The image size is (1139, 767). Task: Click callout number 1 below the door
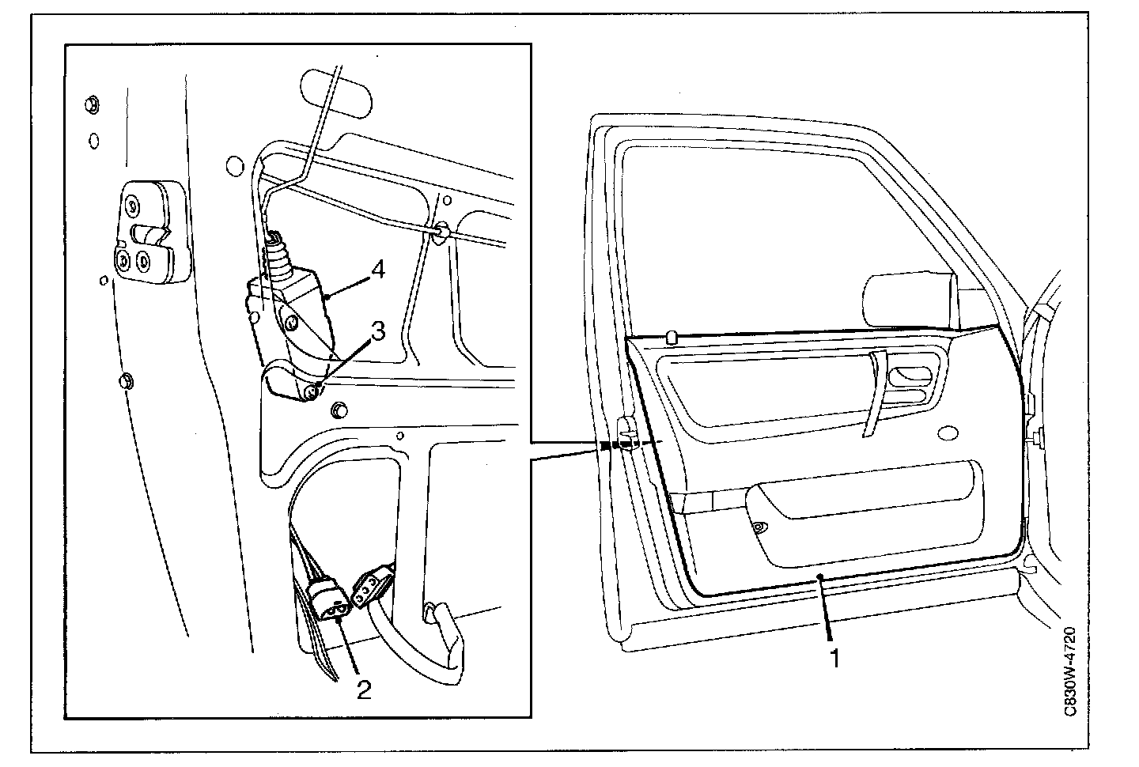tap(833, 657)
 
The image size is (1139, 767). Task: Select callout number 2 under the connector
tap(363, 690)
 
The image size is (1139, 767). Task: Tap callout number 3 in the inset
tap(378, 331)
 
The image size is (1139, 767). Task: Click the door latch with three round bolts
tap(149, 235)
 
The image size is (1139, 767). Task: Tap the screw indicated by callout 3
tap(316, 387)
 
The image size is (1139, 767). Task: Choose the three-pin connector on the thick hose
tap(372, 586)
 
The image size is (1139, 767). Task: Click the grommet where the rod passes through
tap(441, 232)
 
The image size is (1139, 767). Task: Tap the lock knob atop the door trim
tap(672, 338)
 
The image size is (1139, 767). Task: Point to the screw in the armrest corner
tap(758, 528)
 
